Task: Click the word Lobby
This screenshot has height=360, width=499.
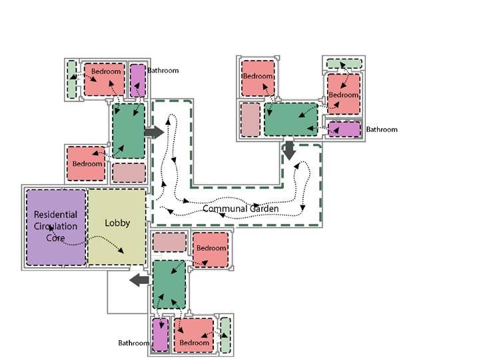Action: coord(117,223)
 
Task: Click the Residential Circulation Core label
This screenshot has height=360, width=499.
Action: coord(55,226)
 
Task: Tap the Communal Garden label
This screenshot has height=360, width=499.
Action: coord(241,209)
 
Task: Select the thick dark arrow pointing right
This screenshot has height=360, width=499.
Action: coord(154,132)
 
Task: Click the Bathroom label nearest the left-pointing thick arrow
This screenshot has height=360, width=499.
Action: coord(134,343)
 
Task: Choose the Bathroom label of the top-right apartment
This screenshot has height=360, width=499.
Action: coord(382,129)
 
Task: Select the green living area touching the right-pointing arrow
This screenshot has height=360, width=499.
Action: coord(128,130)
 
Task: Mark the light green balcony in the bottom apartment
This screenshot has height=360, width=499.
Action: coord(225,334)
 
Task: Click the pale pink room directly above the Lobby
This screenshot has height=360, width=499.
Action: coord(129,173)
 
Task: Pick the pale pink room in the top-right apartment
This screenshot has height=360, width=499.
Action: coord(250,120)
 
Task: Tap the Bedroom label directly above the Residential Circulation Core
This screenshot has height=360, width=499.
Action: coord(87,163)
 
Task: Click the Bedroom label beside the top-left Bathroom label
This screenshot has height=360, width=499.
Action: coord(106,71)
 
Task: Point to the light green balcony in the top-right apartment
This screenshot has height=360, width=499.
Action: coord(343,64)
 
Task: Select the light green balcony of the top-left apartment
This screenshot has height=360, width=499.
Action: coord(72,79)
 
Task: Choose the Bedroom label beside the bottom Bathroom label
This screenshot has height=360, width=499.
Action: coord(194,343)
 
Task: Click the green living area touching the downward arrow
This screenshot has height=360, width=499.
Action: coord(291,119)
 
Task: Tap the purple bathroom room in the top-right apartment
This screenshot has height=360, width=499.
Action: coord(344,129)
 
